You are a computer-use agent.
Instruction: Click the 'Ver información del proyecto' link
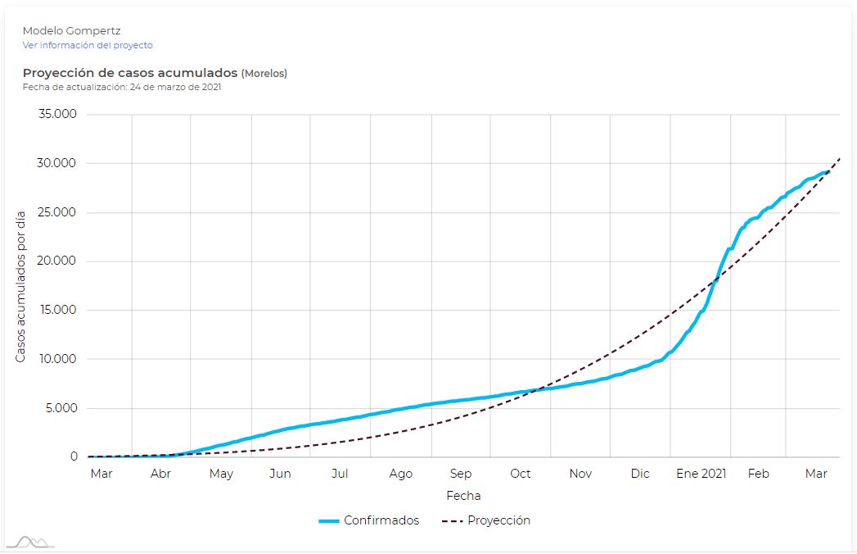[88, 45]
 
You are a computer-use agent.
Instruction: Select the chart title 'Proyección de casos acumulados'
[130, 73]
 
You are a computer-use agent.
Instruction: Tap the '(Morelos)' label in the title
[264, 73]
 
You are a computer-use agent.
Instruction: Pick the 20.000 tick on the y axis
[58, 261]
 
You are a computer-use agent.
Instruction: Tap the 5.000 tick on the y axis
[61, 408]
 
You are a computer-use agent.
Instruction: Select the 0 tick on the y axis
[73, 457]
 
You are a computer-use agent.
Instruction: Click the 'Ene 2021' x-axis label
[701, 474]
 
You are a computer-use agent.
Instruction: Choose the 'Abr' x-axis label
[161, 474]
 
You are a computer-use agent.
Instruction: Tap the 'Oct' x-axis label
[521, 474]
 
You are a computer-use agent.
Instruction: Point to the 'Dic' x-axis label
[640, 474]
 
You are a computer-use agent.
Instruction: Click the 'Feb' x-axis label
[759, 474]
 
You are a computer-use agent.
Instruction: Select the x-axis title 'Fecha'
[463, 496]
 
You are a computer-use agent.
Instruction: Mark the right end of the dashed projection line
[839, 158]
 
